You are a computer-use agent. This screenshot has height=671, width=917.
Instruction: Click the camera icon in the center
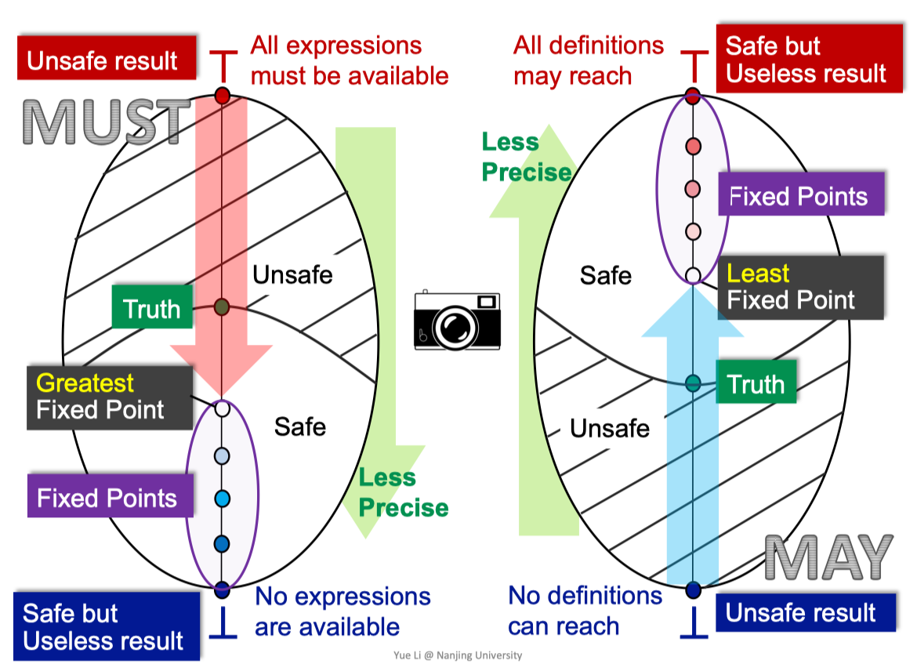[x=457, y=320]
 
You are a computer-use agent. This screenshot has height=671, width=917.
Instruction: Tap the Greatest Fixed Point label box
[x=110, y=397]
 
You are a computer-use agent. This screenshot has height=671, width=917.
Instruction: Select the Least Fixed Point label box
[x=801, y=287]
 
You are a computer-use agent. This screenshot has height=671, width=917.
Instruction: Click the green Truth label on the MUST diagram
[x=152, y=307]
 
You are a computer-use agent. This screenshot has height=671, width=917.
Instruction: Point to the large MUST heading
[x=107, y=122]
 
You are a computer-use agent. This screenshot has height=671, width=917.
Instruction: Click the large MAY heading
[x=828, y=557]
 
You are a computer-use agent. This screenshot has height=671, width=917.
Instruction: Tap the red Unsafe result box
[x=107, y=58]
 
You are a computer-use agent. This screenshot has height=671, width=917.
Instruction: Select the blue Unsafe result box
[x=805, y=612]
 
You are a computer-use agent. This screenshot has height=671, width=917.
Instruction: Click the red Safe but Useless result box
[x=810, y=59]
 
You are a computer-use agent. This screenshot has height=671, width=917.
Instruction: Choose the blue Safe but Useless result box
[x=107, y=626]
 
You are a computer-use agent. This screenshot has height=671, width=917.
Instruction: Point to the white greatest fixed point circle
[x=222, y=408]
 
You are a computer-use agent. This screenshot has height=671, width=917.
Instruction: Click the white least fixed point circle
[x=693, y=275]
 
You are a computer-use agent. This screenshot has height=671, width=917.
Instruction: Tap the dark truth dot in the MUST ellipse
[x=222, y=306]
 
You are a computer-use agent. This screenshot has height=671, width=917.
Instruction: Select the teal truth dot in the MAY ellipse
[x=693, y=383]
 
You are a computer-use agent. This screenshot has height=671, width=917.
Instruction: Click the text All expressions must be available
[x=349, y=61]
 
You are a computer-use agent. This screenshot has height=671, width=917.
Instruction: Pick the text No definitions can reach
[x=585, y=611]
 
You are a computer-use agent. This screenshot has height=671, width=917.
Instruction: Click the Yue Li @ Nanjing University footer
[x=458, y=655]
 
